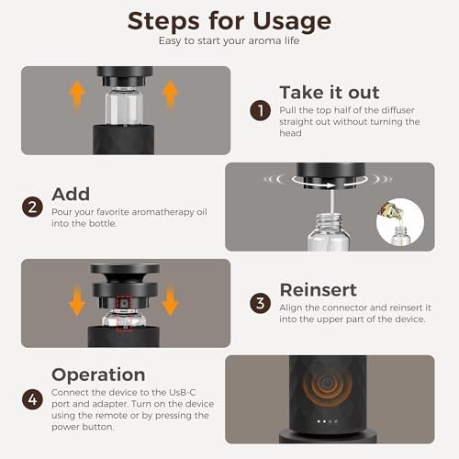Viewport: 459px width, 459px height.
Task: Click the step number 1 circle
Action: click(260, 110)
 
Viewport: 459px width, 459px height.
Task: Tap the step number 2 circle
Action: click(32, 207)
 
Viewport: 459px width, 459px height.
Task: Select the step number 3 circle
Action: click(260, 304)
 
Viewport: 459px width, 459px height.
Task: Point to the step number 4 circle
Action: click(32, 399)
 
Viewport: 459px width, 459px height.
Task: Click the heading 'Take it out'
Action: click(330, 93)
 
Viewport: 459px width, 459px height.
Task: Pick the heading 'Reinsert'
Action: click(319, 290)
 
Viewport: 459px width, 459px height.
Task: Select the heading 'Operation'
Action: click(98, 375)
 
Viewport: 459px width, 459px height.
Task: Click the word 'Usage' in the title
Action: click(292, 22)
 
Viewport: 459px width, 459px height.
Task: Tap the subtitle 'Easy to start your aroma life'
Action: click(229, 41)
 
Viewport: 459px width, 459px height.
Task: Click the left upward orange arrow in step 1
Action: click(77, 95)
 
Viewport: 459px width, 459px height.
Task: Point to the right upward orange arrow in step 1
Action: click(170, 95)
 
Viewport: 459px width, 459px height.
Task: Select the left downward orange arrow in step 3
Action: click(77, 301)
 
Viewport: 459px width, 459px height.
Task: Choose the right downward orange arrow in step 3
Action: click(170, 301)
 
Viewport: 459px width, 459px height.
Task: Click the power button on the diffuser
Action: click(327, 383)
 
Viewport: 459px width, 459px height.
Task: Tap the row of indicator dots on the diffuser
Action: click(327, 421)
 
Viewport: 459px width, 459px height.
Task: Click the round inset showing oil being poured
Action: click(400, 222)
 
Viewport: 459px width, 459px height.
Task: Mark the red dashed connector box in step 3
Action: click(124, 314)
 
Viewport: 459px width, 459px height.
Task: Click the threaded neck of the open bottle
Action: click(329, 221)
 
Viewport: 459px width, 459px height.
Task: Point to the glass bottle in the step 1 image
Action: click(124, 106)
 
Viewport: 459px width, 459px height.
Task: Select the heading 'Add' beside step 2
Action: click(71, 194)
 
